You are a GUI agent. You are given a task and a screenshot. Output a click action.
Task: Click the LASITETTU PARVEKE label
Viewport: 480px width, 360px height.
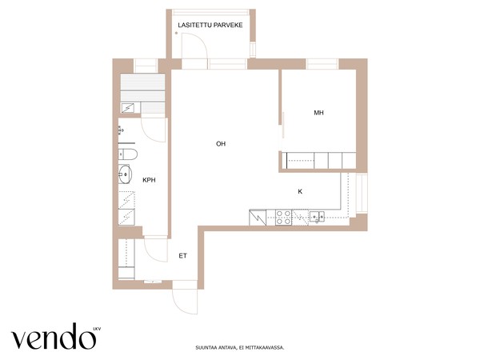[x=210, y=25]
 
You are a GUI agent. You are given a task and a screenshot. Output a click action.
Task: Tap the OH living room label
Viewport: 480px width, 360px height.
[x=221, y=143]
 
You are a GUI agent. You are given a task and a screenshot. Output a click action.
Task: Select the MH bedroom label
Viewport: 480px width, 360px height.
[x=318, y=113]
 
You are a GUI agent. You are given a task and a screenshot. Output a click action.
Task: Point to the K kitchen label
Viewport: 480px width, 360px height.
[x=300, y=191]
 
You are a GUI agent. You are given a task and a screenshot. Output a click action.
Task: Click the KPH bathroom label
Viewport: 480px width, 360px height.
[x=149, y=180]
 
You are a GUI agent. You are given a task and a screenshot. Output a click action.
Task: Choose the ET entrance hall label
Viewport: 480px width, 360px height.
[x=182, y=256]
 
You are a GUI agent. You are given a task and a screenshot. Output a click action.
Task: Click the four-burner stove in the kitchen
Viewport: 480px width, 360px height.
[x=283, y=218]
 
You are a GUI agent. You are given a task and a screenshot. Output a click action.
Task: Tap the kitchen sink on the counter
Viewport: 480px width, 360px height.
[x=317, y=216]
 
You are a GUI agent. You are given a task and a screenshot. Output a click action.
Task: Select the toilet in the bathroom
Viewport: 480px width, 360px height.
[x=128, y=154]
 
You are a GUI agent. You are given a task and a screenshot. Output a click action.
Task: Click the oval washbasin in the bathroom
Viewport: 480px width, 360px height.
[x=125, y=174]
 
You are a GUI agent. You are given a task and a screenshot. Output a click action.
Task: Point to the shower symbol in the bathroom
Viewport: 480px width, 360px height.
[x=121, y=130]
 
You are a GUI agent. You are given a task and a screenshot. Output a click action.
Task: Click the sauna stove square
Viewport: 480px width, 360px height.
[x=128, y=108]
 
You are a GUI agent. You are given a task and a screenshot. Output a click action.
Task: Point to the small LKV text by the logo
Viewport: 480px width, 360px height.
[x=97, y=329]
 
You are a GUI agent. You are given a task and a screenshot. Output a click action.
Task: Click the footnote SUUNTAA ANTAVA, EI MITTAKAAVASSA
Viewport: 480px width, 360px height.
[x=240, y=347]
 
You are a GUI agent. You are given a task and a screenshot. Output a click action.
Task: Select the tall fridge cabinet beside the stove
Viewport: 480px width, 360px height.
[x=258, y=218]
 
